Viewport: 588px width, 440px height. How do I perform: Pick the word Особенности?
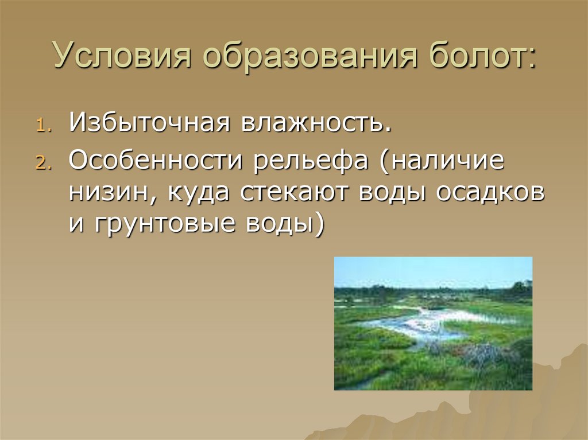pyautogui.click(x=155, y=160)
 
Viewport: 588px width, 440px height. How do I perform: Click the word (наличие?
pyautogui.click(x=440, y=160)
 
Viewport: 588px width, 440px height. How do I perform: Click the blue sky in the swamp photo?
pyautogui.click(x=433, y=271)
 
